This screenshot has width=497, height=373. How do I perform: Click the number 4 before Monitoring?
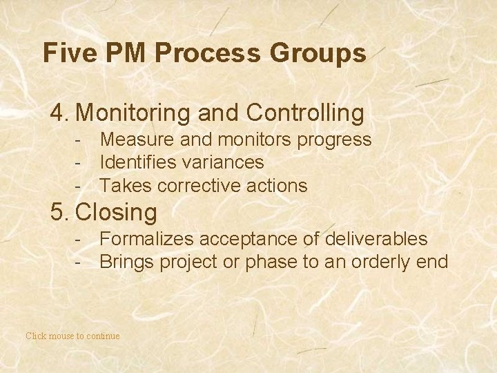pos(58,113)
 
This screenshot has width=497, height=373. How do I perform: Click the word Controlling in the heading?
pos(304,113)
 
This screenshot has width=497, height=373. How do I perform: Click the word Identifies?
pos(143,163)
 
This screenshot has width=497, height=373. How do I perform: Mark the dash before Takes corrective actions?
pos(80,186)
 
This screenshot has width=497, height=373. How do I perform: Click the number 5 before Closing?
pos(58,211)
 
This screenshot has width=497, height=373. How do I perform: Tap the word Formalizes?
pos(146,240)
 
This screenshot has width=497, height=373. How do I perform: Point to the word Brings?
pos(125,262)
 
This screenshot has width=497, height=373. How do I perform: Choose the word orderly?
pos(381,262)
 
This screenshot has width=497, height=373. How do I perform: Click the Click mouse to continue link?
pos(72,336)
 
